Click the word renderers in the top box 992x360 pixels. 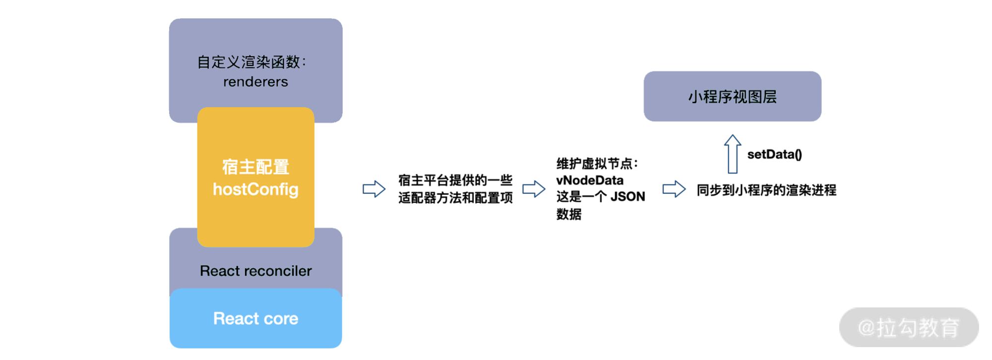pyautogui.click(x=255, y=82)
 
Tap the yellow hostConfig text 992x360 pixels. pyautogui.click(x=255, y=189)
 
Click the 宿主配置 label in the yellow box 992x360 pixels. pyautogui.click(x=255, y=167)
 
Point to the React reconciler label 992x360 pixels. pyautogui.click(x=255, y=271)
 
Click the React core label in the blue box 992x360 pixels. pyautogui.click(x=255, y=318)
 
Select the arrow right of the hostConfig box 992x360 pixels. pyautogui.click(x=374, y=189)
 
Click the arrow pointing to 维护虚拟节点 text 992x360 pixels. pyautogui.click(x=534, y=189)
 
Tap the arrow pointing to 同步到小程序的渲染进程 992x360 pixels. pyautogui.click(x=674, y=189)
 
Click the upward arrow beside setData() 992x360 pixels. pyautogui.click(x=733, y=154)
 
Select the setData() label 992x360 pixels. pyautogui.click(x=774, y=155)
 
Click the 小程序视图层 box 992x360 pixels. pyautogui.click(x=732, y=96)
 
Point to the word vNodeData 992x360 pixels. pyautogui.click(x=590, y=180)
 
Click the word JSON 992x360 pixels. pyautogui.click(x=627, y=197)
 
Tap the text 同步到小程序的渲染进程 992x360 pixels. pyautogui.click(x=766, y=190)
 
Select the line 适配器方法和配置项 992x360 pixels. pyautogui.click(x=455, y=198)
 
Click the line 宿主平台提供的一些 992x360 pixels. pyautogui.click(x=455, y=180)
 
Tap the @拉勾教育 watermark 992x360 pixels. pyautogui.click(x=909, y=328)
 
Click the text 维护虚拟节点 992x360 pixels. pyautogui.click(x=594, y=164)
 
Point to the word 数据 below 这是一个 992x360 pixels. pyautogui.click(x=569, y=214)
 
